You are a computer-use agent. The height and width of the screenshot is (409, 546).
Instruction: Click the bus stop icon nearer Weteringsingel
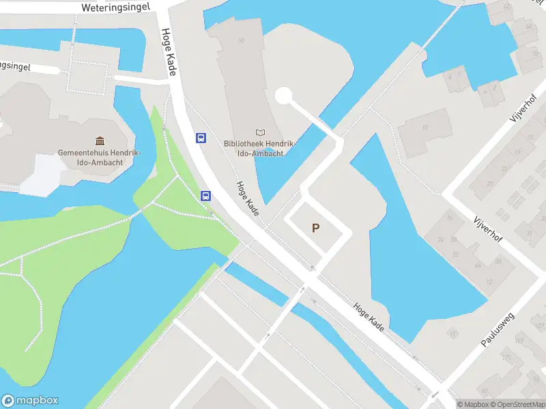pos(201,138)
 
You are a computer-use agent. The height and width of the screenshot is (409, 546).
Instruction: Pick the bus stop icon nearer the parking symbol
pos(205,196)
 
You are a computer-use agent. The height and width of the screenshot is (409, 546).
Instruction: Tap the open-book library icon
pos(259,132)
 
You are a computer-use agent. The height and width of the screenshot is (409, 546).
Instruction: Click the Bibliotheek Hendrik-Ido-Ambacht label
pos(259,149)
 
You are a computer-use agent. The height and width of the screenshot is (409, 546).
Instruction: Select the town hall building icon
pos(100,141)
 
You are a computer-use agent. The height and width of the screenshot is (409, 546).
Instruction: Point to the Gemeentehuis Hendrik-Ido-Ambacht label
pos(99,157)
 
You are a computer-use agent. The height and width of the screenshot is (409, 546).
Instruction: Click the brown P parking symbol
pos(315,228)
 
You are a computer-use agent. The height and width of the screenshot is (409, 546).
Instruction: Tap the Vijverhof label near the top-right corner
pos(524,108)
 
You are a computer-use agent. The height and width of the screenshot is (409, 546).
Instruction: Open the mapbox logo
pos(30,401)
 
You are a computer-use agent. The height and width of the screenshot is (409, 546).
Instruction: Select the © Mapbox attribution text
pos(473,404)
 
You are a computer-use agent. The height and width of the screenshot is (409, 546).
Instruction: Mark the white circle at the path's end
pos(284,95)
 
